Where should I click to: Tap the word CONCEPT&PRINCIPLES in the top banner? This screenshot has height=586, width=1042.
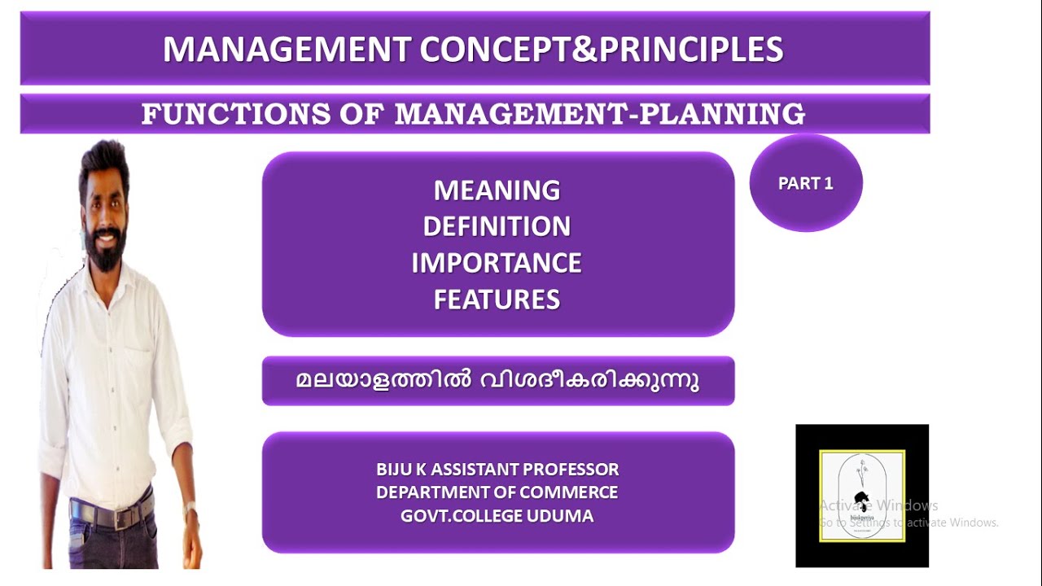602,50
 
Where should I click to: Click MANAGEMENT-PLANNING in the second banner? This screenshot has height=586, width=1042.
600,115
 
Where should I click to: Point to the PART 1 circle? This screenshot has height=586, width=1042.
805,183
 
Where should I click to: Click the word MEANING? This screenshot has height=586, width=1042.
497,190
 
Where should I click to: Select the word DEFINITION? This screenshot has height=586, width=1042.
497,226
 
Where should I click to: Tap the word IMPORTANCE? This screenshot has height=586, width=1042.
497,263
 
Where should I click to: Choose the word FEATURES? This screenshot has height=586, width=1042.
497,300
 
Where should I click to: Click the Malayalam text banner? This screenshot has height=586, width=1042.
497,381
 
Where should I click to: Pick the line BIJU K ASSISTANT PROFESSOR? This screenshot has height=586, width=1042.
497,470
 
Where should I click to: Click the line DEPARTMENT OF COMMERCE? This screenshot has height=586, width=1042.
497,492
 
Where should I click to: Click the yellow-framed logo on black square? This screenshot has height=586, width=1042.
861,495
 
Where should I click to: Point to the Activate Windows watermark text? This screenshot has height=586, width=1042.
879,505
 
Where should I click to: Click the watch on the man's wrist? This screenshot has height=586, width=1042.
190,511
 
